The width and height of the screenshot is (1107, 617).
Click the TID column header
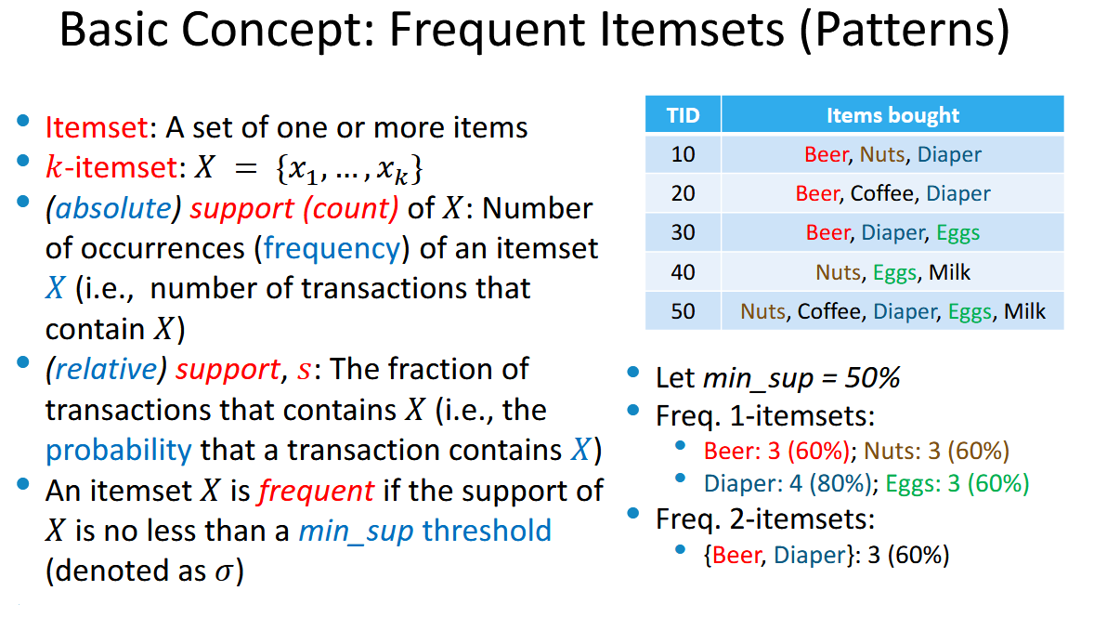(x=683, y=114)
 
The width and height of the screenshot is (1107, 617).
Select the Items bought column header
(x=892, y=114)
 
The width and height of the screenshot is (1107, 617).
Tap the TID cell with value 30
(x=683, y=232)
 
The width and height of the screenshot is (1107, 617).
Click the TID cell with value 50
(x=683, y=311)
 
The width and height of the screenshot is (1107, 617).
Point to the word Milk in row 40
(x=949, y=272)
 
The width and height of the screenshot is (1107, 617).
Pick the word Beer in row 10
(x=826, y=154)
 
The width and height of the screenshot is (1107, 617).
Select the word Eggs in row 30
(x=958, y=233)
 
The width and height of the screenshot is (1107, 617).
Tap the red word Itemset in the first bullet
(x=97, y=128)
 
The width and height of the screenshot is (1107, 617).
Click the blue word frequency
(x=332, y=249)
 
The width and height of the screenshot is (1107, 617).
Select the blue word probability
(x=119, y=451)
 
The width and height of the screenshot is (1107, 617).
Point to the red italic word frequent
(x=316, y=491)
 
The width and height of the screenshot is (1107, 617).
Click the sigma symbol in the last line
(x=224, y=571)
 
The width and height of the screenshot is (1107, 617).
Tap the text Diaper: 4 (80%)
(x=787, y=483)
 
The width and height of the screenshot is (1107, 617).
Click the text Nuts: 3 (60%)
(x=937, y=451)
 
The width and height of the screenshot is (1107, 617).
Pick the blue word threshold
(x=488, y=531)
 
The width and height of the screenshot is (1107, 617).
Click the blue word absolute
(x=113, y=208)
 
